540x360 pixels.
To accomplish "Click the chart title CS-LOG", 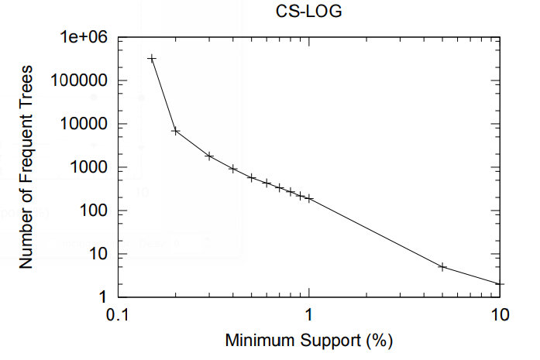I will pos(309,14).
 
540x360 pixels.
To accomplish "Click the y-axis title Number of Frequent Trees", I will pos(26,167).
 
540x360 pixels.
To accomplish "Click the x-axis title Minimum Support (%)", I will pos(309,339).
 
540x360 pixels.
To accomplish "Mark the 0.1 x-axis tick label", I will pos(117,314).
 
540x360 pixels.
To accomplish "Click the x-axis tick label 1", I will pos(309,314).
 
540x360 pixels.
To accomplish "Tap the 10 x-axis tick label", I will pos(500,314).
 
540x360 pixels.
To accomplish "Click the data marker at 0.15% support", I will pos(152,58).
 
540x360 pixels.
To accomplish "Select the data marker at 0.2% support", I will pos(176,131).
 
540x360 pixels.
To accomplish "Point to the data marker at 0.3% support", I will pos(209,156).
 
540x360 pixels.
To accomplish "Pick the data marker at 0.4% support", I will pos(233,168).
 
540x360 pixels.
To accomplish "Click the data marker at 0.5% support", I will pos(252,177).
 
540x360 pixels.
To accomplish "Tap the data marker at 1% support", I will pos(309,198).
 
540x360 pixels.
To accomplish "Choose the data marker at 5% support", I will pos(443,266).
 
